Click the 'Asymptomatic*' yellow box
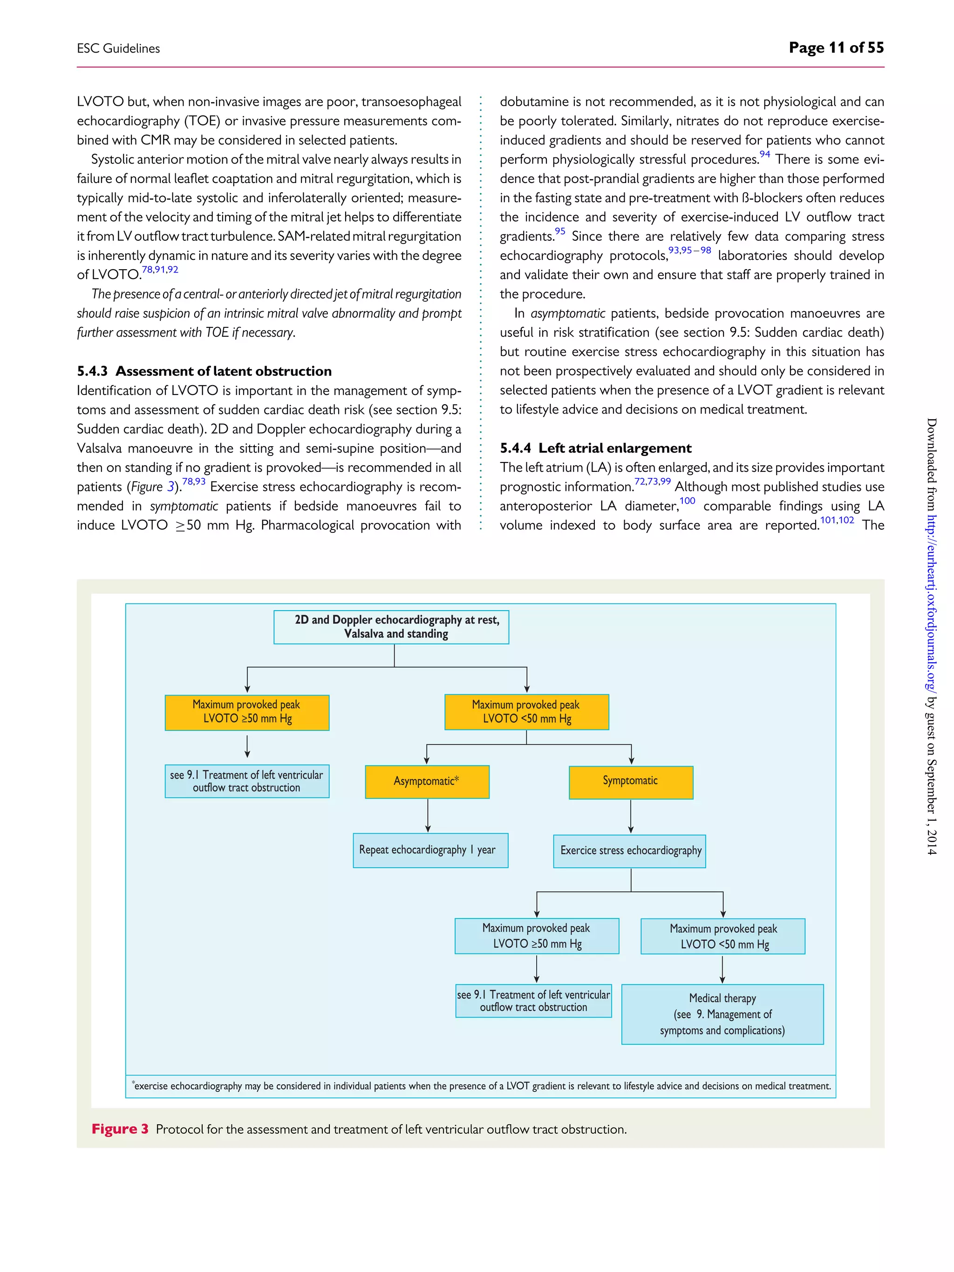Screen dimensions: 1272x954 [427, 782]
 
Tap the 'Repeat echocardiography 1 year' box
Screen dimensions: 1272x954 [430, 850]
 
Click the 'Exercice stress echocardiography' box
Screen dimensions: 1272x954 [629, 851]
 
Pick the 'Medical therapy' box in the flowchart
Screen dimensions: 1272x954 [722, 1014]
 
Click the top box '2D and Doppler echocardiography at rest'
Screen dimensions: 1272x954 [391, 627]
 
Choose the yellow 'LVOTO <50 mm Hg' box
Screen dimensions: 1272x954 [526, 712]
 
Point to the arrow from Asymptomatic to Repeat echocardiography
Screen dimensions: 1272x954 [428, 816]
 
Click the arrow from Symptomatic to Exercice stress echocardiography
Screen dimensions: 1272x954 [631, 816]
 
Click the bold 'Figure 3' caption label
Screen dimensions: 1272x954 [120, 1129]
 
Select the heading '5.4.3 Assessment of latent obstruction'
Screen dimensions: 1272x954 [204, 371]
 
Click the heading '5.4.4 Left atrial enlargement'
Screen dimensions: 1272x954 [595, 448]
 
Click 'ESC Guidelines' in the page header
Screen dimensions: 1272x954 [118, 49]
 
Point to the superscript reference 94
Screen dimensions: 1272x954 [764, 154]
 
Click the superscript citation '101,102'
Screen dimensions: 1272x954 [837, 520]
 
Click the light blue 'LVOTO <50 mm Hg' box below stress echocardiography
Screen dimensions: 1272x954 [723, 936]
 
